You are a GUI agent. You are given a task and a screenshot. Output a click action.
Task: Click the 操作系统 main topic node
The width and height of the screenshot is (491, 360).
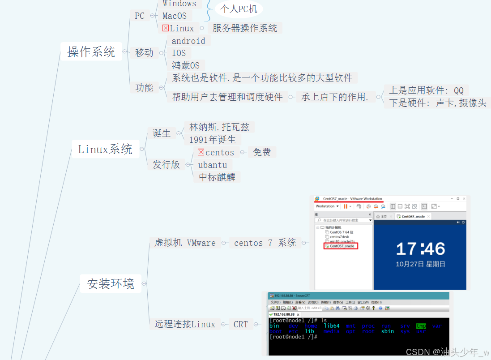click(x=91, y=52)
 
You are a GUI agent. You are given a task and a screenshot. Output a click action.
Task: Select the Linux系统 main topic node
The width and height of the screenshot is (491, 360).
click(x=105, y=149)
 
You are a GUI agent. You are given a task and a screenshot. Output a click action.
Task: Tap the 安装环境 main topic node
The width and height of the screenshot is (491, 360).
click(x=111, y=283)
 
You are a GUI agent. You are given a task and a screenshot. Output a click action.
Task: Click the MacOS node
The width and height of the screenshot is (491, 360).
click(x=175, y=16)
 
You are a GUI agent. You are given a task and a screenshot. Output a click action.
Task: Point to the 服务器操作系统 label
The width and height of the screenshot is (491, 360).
click(x=245, y=28)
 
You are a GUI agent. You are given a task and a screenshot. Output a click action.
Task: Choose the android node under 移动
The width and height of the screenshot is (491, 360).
click(x=188, y=41)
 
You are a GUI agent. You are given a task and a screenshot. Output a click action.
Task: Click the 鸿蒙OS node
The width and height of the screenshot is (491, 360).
click(x=186, y=65)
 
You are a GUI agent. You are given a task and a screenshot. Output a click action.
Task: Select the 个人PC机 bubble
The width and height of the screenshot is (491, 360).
click(x=239, y=9)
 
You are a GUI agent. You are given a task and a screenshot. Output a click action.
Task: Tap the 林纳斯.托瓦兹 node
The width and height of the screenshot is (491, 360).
click(x=219, y=127)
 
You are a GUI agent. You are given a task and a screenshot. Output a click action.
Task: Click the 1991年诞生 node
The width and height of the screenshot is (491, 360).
click(x=212, y=139)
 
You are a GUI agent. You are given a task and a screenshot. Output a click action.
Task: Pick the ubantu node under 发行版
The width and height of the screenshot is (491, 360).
click(x=213, y=165)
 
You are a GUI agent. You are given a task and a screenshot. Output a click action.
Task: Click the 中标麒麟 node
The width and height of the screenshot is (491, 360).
click(x=217, y=177)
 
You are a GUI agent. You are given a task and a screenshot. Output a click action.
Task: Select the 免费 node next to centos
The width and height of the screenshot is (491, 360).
click(x=262, y=152)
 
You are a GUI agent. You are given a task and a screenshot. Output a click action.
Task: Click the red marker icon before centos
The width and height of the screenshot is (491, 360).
click(x=201, y=152)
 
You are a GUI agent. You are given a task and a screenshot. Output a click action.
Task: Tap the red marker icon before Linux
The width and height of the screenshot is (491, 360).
click(x=166, y=28)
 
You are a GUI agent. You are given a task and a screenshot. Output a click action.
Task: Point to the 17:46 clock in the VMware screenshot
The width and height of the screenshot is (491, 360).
click(x=420, y=249)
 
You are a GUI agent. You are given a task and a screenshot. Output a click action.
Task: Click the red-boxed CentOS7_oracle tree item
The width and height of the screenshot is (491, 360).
click(x=341, y=246)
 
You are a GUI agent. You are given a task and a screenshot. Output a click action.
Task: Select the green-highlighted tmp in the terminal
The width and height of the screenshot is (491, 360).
click(x=421, y=326)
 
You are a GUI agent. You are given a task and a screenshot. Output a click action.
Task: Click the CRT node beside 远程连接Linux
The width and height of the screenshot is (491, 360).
click(x=241, y=324)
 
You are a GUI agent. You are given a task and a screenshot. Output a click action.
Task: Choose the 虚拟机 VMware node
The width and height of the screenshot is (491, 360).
click(x=185, y=243)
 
